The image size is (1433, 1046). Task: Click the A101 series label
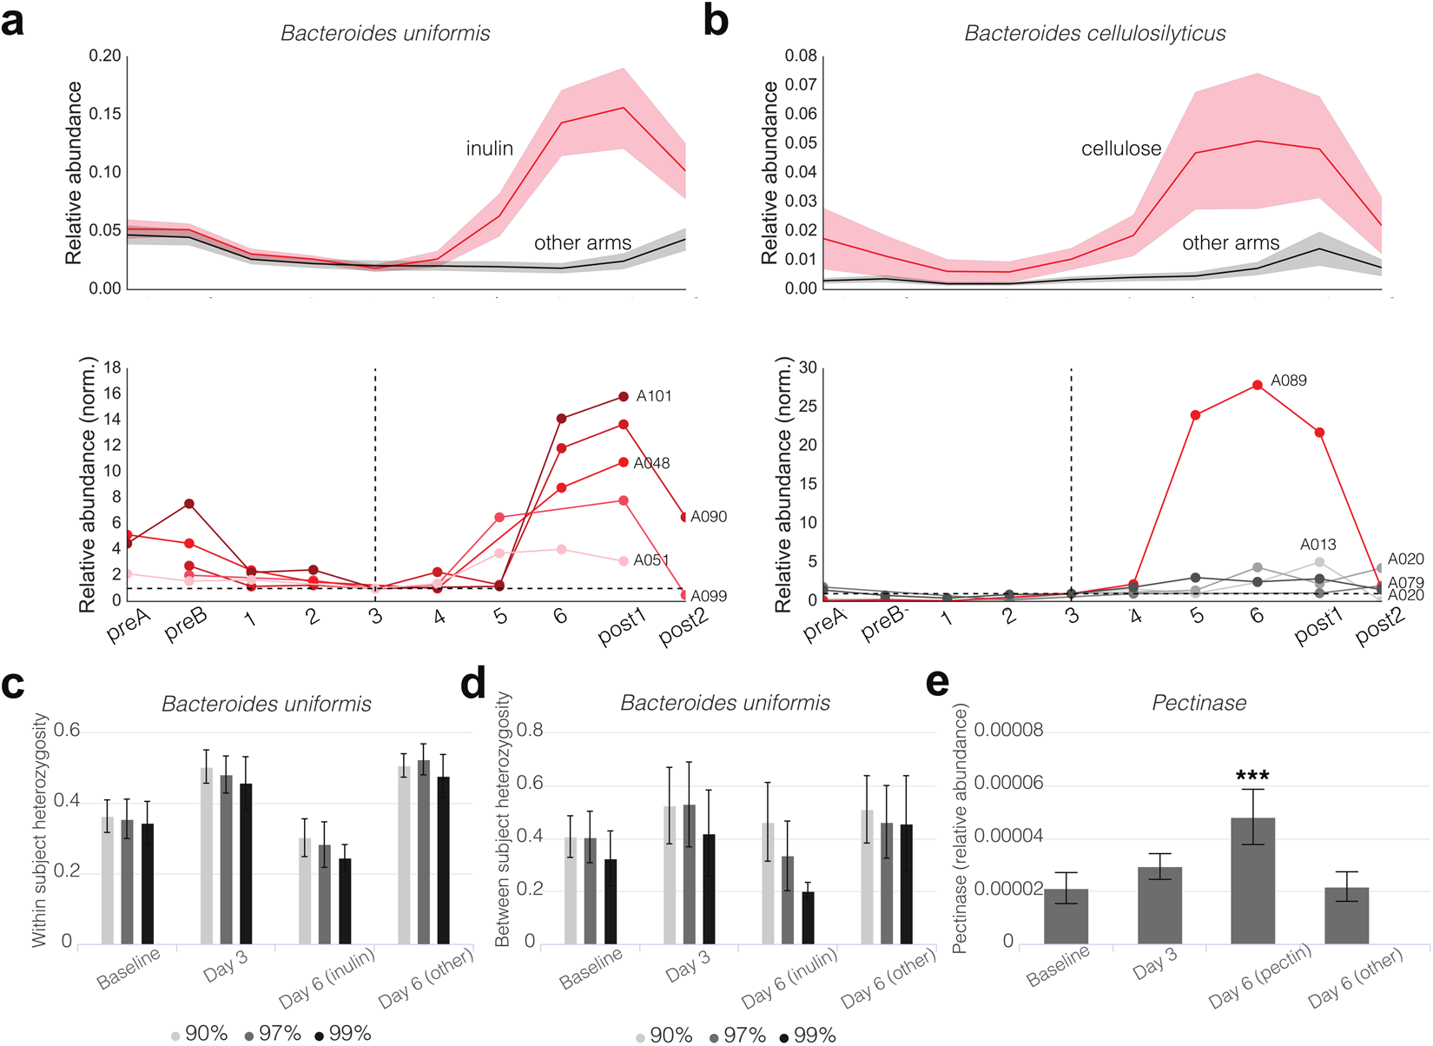[x=653, y=396]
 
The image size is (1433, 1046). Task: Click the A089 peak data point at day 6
[x=1256, y=385]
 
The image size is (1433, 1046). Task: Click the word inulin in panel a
[x=489, y=149]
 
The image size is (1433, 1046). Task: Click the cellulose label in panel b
[x=1120, y=149]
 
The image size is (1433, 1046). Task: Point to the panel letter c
[x=13, y=685]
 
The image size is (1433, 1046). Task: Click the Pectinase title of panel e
[x=1199, y=703]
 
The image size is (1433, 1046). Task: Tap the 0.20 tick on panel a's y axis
[x=105, y=56]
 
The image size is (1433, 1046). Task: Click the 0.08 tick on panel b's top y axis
[x=801, y=56]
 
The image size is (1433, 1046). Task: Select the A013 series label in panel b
[x=1317, y=545]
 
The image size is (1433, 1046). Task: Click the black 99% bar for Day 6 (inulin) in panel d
[x=808, y=917]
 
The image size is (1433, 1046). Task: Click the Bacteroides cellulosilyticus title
[x=1094, y=34]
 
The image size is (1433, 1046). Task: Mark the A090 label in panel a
[x=709, y=517]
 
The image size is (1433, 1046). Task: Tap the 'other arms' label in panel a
[x=582, y=243]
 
